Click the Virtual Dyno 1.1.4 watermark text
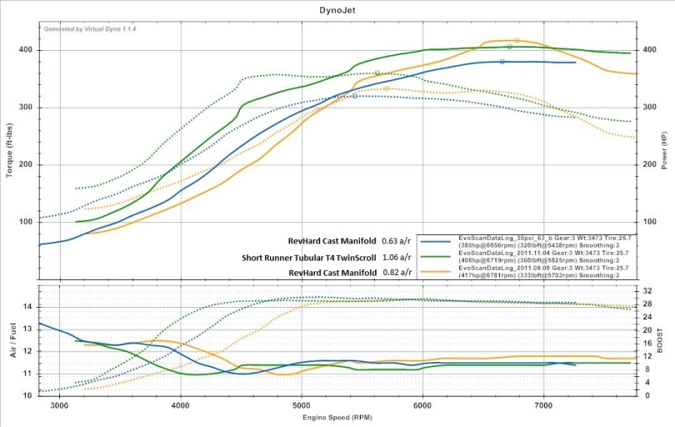pyautogui.click(x=91, y=28)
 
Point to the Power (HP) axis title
pyautogui.click(x=663, y=150)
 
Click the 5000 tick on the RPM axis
pyautogui.click(x=302, y=404)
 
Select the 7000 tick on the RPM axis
pyautogui.click(x=544, y=404)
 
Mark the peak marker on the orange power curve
pyautogui.click(x=517, y=39)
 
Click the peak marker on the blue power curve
pyautogui.click(x=502, y=62)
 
